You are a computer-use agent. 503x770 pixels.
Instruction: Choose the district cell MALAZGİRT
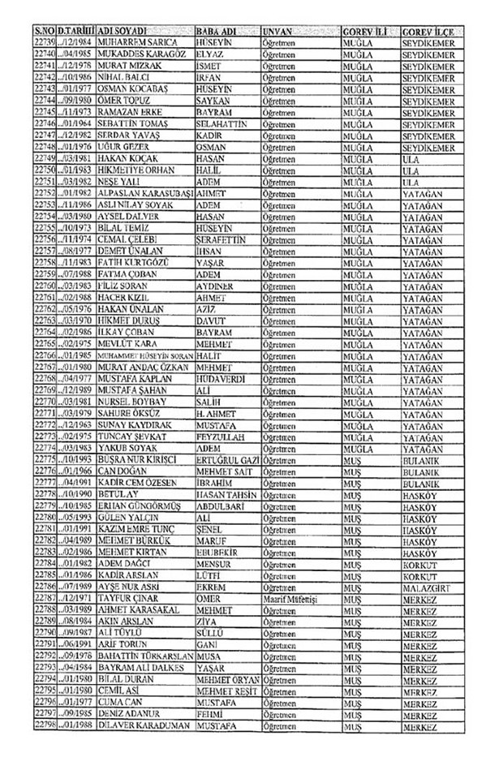pos(430,587)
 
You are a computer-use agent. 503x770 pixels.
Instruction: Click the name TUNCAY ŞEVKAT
pos(131,437)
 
